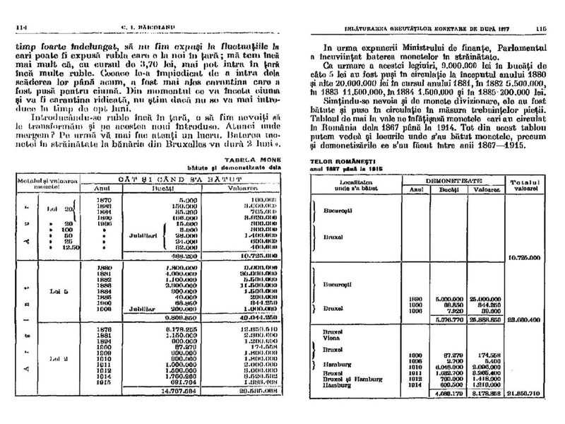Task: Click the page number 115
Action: pyautogui.click(x=542, y=29)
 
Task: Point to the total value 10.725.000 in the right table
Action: pyautogui.click(x=523, y=259)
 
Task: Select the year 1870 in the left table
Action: pyautogui.click(x=103, y=199)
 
